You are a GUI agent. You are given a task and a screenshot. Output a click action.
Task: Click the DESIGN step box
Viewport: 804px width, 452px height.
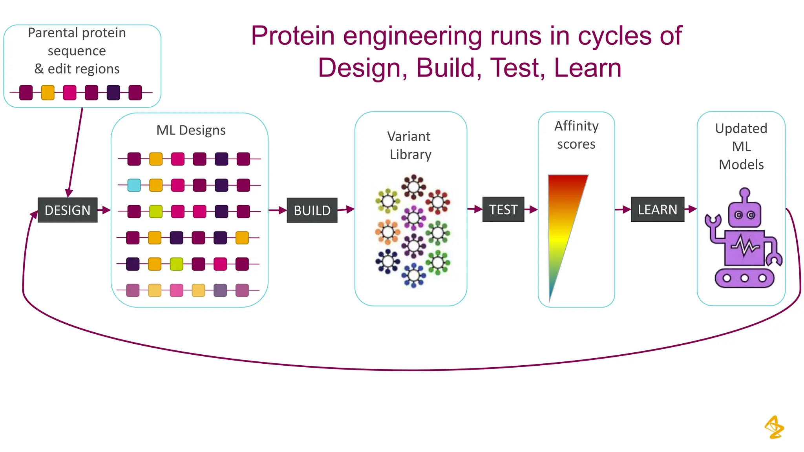[x=68, y=210]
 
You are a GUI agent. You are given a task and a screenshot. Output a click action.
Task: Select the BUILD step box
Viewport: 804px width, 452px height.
[x=312, y=210]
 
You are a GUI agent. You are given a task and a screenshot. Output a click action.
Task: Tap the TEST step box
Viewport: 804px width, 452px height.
[x=503, y=210]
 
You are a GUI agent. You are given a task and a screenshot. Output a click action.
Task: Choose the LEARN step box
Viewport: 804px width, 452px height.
[x=658, y=210]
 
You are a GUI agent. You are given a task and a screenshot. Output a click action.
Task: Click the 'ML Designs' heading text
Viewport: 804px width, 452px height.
[x=191, y=130]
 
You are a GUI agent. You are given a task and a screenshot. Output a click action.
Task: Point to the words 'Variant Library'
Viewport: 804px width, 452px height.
[x=410, y=146]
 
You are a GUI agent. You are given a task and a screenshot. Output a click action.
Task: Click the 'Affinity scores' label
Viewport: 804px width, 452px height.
[x=576, y=135]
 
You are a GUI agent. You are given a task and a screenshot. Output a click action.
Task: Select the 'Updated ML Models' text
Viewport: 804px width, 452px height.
[x=741, y=146]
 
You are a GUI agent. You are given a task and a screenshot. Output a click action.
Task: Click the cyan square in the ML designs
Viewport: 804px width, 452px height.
[x=134, y=185]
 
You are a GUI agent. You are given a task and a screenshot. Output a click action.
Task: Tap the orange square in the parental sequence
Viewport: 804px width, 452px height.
[x=48, y=93]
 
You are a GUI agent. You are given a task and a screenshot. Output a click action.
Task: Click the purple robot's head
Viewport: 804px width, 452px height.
[x=745, y=214]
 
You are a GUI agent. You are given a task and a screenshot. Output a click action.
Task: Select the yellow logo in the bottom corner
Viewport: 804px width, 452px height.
[x=774, y=427]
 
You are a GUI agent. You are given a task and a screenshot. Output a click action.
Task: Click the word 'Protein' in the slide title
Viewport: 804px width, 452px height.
[x=292, y=36]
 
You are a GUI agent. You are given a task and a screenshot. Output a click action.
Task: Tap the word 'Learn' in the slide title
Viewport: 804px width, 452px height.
[x=588, y=68]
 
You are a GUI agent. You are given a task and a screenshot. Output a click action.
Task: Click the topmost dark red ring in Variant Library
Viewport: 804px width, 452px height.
[x=413, y=187]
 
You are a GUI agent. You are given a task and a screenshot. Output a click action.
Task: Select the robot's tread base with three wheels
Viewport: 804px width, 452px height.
[x=744, y=278]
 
